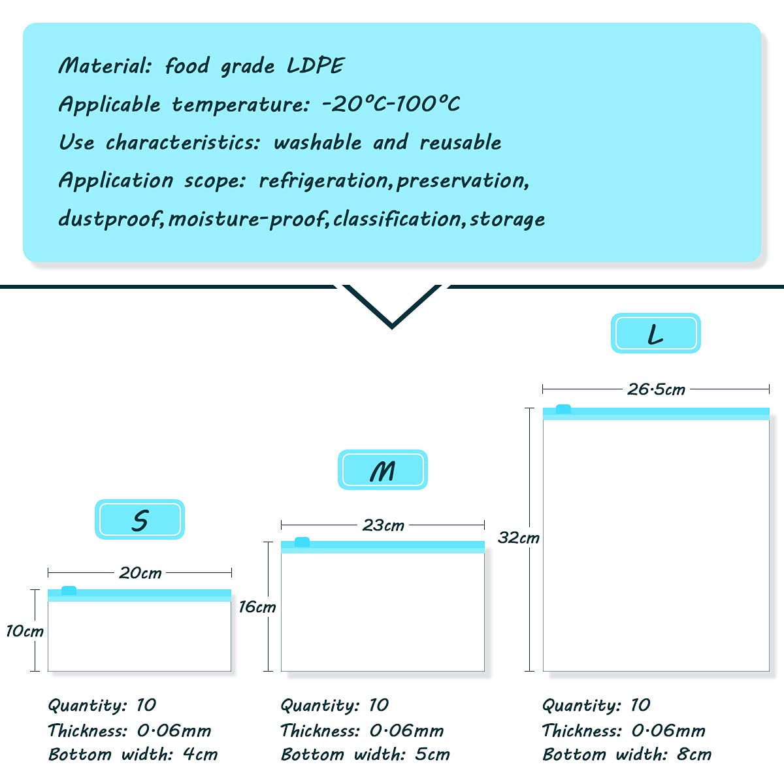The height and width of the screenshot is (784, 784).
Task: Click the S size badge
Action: (x=140, y=520)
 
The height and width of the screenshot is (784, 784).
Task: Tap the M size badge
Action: (x=382, y=470)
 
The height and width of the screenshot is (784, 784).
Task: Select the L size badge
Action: (x=655, y=333)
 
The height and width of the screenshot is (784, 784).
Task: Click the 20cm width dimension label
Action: (x=140, y=573)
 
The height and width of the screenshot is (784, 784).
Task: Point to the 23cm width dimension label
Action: (x=383, y=525)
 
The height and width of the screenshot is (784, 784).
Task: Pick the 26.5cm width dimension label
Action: (x=656, y=389)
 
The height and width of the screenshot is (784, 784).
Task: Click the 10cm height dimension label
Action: (x=24, y=631)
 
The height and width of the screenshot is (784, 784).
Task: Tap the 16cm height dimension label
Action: (x=257, y=607)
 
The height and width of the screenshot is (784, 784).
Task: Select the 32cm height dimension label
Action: (x=518, y=538)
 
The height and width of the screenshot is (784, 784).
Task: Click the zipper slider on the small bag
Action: (x=69, y=591)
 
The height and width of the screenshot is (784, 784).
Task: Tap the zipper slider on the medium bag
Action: (x=302, y=542)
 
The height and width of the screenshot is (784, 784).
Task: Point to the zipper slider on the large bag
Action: (x=563, y=409)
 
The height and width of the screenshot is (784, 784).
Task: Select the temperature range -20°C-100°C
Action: (x=391, y=104)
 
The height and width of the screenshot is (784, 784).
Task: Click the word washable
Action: (x=318, y=142)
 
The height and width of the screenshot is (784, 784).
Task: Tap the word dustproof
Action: (x=109, y=218)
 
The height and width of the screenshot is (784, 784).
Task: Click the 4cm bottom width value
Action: (x=200, y=755)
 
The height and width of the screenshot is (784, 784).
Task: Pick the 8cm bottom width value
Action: (x=694, y=755)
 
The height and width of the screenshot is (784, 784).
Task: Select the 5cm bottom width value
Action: (x=433, y=755)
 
